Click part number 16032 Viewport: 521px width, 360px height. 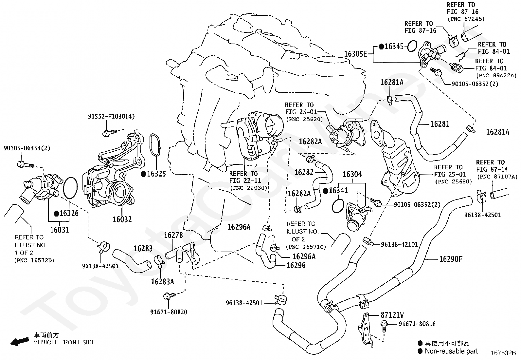click(x=122, y=219)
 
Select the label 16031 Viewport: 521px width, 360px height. click(x=59, y=230)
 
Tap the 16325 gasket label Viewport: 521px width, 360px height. click(x=156, y=174)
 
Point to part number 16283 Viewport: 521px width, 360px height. click(x=143, y=249)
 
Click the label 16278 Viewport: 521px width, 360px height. click(x=173, y=235)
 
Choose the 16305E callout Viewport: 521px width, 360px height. click(x=355, y=54)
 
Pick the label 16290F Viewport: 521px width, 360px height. click(x=451, y=259)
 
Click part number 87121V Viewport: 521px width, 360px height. click(x=392, y=315)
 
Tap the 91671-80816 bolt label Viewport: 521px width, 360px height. click(x=417, y=324)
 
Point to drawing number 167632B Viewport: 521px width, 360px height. click(x=503, y=353)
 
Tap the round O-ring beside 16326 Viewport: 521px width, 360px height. click(x=69, y=188)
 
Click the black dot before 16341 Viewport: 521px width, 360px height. click(x=326, y=191)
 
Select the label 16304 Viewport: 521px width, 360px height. click(x=352, y=174)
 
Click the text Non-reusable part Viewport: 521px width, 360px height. click(x=451, y=351)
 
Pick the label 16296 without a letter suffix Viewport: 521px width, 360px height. click(x=296, y=265)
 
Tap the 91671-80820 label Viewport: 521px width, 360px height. click(x=169, y=312)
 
